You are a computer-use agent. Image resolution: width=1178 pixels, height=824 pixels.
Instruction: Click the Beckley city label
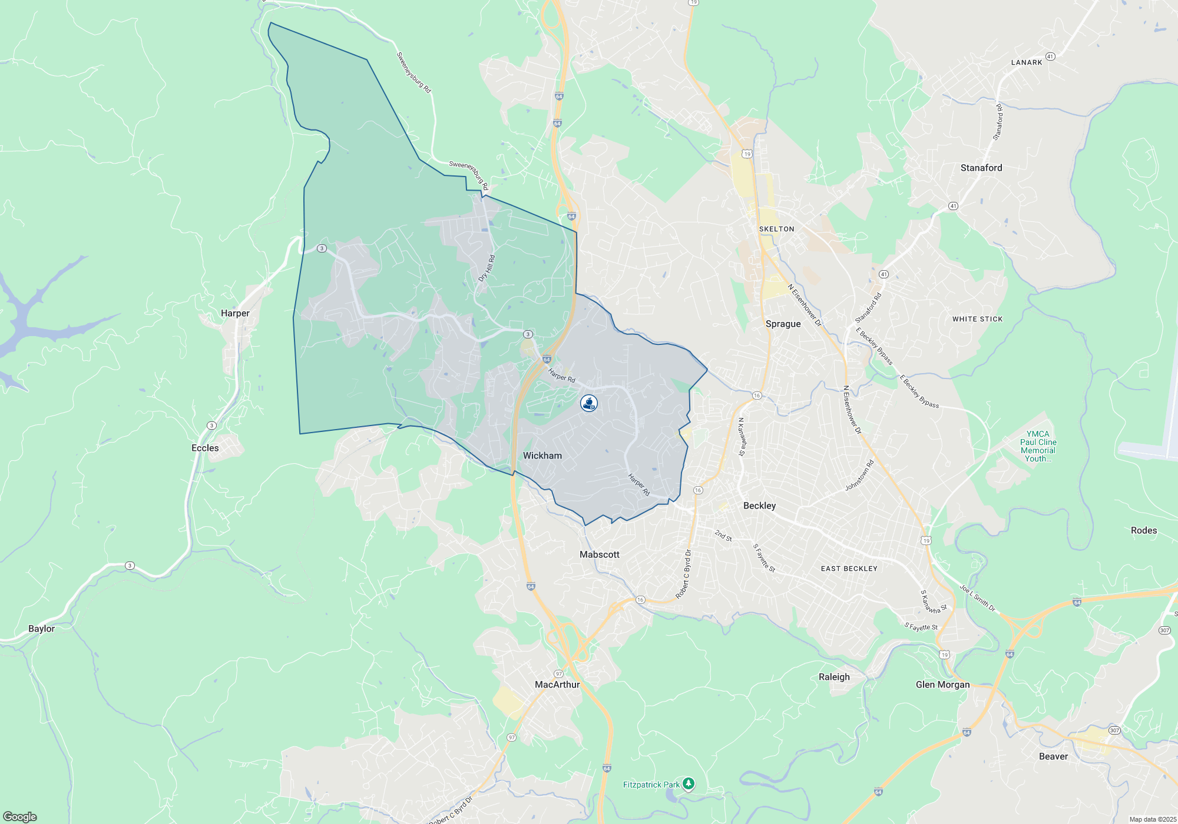click(x=759, y=506)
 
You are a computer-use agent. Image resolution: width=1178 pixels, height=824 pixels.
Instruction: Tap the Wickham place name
click(x=542, y=456)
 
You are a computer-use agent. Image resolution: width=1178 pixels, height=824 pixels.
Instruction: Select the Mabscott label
click(x=599, y=554)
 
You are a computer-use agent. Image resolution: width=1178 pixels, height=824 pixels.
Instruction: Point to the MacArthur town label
click(x=557, y=685)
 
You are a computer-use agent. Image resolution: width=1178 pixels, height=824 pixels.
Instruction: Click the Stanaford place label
click(x=981, y=168)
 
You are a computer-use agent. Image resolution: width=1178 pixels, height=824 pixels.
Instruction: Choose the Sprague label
click(x=783, y=324)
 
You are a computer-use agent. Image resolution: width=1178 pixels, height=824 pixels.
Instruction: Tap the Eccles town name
click(x=205, y=448)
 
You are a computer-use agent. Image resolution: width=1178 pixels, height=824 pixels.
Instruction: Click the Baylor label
click(x=41, y=629)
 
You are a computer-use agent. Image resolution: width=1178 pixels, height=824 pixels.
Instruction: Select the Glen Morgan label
click(x=942, y=685)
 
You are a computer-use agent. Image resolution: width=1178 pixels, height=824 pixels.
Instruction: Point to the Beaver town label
click(x=1053, y=756)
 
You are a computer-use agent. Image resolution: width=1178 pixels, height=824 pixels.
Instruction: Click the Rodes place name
click(x=1143, y=530)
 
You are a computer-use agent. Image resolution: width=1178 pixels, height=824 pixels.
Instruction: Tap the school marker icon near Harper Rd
click(x=589, y=403)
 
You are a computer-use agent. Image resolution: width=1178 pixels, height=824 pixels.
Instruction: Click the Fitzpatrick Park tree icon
click(x=688, y=784)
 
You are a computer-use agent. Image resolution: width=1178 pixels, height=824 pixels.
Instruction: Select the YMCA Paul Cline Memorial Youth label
click(x=1038, y=446)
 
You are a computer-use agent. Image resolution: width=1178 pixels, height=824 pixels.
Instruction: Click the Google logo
click(x=19, y=817)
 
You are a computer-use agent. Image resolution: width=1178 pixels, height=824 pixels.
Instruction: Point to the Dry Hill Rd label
click(x=487, y=268)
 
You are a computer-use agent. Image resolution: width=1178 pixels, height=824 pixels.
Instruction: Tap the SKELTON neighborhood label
click(x=776, y=229)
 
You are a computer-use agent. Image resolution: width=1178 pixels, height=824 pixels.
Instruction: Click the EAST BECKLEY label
click(x=849, y=569)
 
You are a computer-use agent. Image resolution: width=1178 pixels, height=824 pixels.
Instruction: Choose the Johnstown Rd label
click(x=859, y=476)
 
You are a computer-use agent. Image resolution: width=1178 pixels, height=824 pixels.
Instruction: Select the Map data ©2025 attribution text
click(x=1152, y=819)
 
